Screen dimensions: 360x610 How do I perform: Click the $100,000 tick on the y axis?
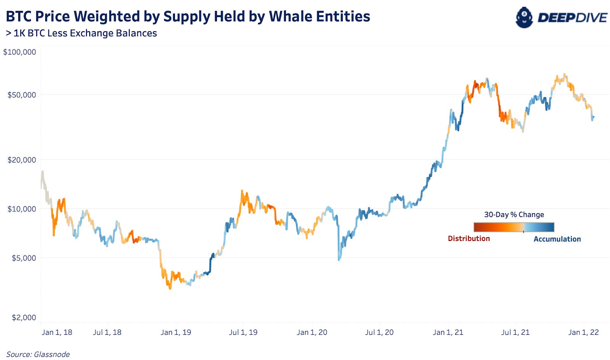click(x=19, y=52)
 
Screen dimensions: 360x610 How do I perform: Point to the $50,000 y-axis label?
click(x=22, y=95)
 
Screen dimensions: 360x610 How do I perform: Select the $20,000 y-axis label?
click(x=22, y=160)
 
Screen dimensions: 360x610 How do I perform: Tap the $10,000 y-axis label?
click(x=22, y=209)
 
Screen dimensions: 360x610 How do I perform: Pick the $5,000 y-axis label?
click(x=24, y=258)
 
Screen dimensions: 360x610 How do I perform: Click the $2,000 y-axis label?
click(x=24, y=318)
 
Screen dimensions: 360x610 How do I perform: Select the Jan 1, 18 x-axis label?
click(x=57, y=332)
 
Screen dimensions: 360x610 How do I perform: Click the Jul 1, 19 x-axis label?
click(x=243, y=332)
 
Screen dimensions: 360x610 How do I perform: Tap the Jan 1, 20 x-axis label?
click(x=312, y=332)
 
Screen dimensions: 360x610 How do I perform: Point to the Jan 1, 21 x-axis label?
click(x=448, y=332)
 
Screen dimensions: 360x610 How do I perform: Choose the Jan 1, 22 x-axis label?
click(x=583, y=332)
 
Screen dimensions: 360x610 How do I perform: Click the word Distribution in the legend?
click(x=469, y=239)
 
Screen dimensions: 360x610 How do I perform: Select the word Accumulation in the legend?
click(x=557, y=239)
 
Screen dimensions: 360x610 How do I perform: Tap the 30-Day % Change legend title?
click(x=514, y=215)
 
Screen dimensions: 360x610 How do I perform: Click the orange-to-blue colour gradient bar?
click(x=514, y=227)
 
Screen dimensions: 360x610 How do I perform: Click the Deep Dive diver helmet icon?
click(x=524, y=18)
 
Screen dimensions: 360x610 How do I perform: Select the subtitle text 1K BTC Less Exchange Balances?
click(x=85, y=34)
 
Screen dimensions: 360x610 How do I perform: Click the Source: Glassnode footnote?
click(x=38, y=354)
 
